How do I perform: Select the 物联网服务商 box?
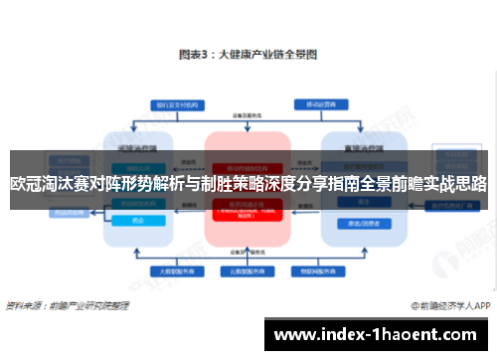coord(320,270)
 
